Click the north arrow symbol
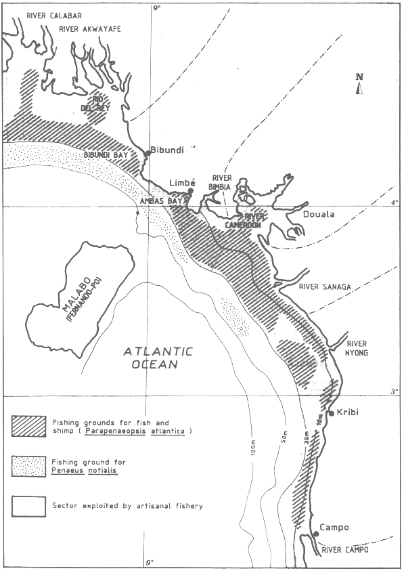(360, 85)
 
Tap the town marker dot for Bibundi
(147, 154)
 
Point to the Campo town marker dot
(315, 534)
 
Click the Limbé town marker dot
(191, 191)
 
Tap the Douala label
(313, 213)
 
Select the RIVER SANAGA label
(325, 287)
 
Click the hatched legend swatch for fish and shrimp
(28, 425)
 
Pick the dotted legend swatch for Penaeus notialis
(28, 465)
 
